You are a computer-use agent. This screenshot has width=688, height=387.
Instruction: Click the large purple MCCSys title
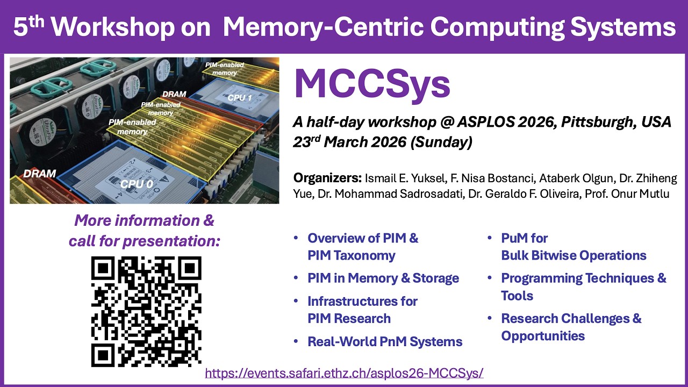tap(372, 83)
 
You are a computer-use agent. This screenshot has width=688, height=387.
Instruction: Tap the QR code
tap(146, 311)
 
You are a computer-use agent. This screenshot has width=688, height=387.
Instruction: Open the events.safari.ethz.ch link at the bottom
tap(345, 372)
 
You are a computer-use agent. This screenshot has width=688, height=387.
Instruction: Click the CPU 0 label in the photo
tap(132, 184)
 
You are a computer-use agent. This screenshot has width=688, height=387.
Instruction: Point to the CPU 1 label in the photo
tap(240, 98)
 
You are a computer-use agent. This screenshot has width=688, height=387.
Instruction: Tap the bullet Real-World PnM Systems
tap(385, 341)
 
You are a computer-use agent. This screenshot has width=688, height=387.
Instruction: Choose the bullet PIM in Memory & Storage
tap(383, 278)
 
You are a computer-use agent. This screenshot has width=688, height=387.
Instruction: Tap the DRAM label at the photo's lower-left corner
tap(39, 174)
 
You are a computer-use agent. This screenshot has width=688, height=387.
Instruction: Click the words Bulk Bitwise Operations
tap(574, 255)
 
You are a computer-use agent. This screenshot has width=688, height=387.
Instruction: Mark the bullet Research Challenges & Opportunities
tap(571, 327)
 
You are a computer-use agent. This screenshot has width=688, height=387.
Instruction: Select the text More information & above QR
tap(144, 220)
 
